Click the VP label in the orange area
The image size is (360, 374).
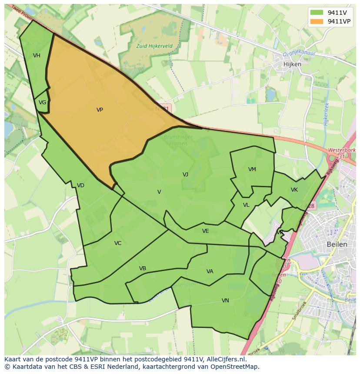pos(100,110)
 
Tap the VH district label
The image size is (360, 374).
pos(37,55)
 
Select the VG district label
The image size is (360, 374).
pos(42,103)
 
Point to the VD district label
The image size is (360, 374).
pos(80,185)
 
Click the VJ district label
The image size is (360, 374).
pos(185,174)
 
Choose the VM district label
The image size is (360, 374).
pos(252,169)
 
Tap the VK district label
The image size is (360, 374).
pos(294,190)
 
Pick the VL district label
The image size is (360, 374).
pos(246,205)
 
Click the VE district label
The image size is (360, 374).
pos(205,231)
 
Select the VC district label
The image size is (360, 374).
pos(118,243)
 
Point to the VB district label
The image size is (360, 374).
pos(143,268)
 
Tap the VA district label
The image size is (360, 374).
pos(210,271)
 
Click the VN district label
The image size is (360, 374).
pos(225,300)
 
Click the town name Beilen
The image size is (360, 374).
pos(337,244)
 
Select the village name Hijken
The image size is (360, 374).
pos(292,63)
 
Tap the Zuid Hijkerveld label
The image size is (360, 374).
pos(154,45)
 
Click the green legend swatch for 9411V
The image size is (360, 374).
pos(317,13)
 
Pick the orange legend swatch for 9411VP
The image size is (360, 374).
pos(317,21)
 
